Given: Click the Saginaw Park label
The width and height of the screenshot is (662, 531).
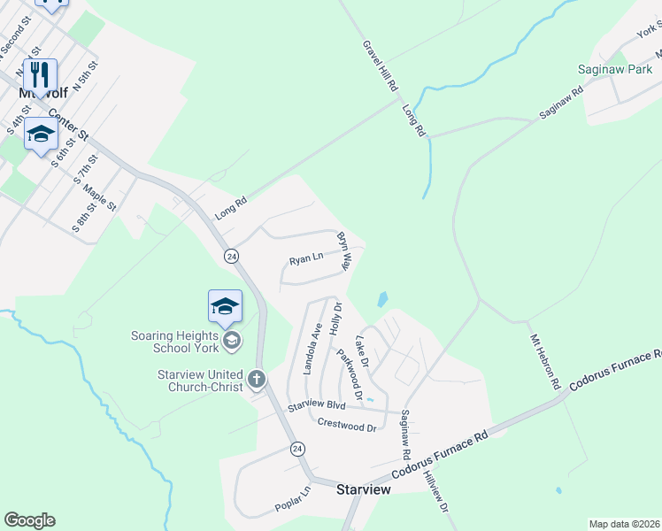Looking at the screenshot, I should (614, 68).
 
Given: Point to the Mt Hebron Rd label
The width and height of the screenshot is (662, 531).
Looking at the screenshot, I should (545, 362).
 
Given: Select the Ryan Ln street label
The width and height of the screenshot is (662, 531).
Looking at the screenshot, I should (305, 261).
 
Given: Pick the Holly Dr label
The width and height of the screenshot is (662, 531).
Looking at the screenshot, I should (335, 317).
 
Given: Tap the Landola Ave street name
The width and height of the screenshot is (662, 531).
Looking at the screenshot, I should (312, 348).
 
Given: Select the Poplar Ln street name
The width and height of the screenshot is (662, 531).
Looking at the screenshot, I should (294, 501).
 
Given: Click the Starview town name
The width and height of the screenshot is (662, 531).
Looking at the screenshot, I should (365, 488).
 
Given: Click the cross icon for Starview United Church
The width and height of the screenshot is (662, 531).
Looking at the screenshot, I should (257, 380).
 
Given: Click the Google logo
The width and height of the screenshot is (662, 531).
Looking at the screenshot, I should (29, 520).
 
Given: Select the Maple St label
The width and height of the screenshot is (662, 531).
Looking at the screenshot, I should (100, 196).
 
